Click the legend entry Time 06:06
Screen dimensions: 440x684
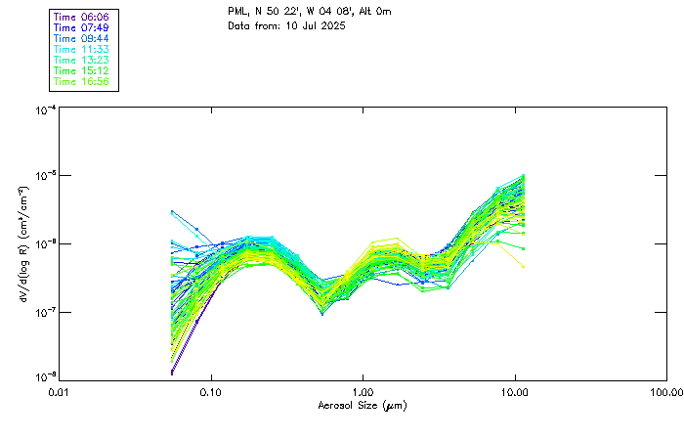[81, 18]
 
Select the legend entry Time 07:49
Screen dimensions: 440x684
[81, 28]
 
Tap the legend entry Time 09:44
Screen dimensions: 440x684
[81, 38]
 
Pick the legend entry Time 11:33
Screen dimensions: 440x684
[81, 49]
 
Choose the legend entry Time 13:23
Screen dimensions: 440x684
[81, 60]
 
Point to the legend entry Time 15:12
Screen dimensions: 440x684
[81, 70]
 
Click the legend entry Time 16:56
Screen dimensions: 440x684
[81, 81]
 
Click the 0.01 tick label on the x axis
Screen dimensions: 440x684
[60, 392]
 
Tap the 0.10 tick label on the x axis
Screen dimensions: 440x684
[211, 392]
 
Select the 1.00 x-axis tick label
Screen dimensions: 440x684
[363, 392]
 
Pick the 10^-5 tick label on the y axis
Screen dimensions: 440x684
[44, 177]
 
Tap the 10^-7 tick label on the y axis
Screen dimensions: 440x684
[44, 312]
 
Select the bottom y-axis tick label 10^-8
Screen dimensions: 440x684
[44, 377]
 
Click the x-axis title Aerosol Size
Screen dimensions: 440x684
[363, 405]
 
